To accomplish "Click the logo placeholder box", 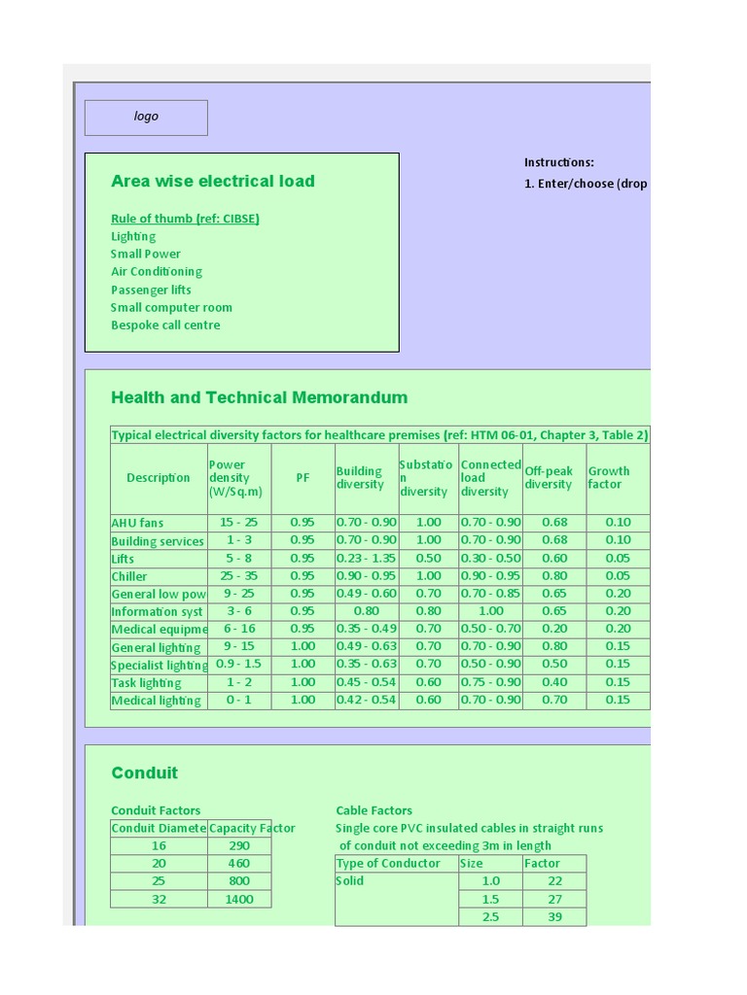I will tap(146, 117).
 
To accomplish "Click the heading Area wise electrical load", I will tap(213, 181).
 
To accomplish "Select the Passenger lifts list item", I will tap(151, 290).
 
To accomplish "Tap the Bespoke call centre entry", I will tap(165, 326).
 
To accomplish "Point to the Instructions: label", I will tap(558, 162).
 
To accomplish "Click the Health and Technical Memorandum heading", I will tap(260, 397).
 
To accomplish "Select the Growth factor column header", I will tap(609, 478).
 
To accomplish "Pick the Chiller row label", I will tap(129, 576).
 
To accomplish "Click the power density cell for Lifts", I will tap(238, 558).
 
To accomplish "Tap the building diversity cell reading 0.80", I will tap(366, 611).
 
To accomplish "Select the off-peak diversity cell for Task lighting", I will tap(554, 682).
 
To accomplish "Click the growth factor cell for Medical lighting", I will tap(618, 700).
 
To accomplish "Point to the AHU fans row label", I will tap(137, 523).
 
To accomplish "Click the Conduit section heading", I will tap(145, 773).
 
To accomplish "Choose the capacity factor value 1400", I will tap(239, 900).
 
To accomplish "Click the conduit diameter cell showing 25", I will tap(159, 881).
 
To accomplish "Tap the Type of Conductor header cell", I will tap(388, 863).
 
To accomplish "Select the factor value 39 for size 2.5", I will tap(554, 917).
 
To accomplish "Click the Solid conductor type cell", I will tap(350, 881).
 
